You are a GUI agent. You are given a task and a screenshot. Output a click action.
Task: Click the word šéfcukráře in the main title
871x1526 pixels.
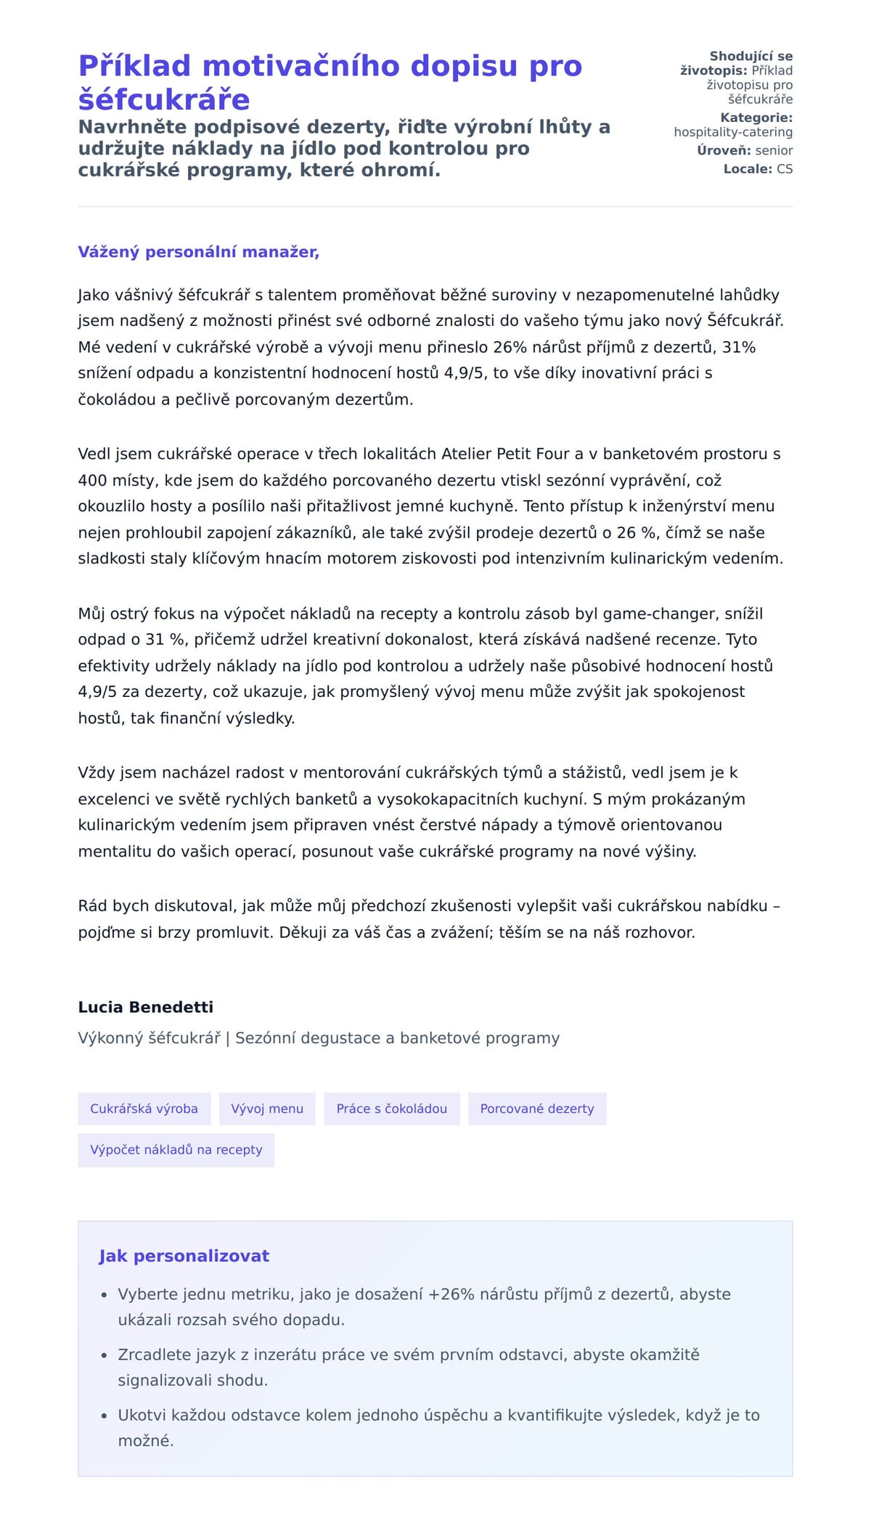[x=164, y=99]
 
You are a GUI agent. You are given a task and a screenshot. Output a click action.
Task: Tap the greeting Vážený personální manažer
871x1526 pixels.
[x=198, y=252]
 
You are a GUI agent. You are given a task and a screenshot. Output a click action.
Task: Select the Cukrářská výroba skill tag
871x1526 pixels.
[x=144, y=1109]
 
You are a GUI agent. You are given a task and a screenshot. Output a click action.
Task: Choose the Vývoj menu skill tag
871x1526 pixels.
[x=267, y=1109]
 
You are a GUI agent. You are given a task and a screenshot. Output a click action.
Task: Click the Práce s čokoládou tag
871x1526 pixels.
[x=391, y=1109]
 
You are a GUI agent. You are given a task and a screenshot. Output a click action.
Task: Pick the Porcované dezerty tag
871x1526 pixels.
[x=536, y=1109]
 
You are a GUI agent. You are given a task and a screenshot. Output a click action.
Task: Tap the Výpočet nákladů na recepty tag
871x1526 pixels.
[x=176, y=1149]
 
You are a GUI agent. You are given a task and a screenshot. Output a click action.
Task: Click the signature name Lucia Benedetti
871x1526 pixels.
[x=145, y=1007]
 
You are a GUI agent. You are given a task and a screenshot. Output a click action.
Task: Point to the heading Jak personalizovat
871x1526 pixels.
[x=184, y=1256]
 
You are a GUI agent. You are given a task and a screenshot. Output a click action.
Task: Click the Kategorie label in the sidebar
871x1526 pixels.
[x=756, y=118]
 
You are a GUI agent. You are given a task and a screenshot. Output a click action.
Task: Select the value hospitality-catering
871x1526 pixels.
[x=732, y=132]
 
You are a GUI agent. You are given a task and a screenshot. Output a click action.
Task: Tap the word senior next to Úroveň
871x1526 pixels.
[x=774, y=150]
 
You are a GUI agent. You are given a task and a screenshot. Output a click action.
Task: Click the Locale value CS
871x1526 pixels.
[x=785, y=169]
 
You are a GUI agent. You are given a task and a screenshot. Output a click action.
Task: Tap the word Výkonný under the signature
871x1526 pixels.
[x=110, y=1038]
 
